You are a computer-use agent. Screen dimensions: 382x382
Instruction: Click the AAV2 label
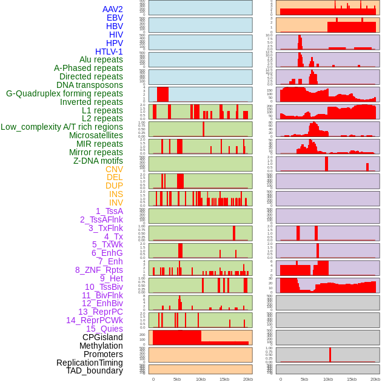113,9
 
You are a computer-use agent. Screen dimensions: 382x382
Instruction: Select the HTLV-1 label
109,52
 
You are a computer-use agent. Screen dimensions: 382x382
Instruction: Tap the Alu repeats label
101,59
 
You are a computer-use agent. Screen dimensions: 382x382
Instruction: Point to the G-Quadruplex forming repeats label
64,93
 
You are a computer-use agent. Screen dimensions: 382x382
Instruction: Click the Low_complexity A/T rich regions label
62,127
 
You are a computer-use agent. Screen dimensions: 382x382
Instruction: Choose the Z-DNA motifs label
98,161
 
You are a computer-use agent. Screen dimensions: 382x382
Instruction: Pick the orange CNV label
114,169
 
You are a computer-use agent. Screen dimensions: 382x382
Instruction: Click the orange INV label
116,203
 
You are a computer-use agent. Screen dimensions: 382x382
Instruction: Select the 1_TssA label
109,211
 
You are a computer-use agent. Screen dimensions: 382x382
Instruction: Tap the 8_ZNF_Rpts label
99,270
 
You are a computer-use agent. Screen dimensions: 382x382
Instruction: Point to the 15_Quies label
104,329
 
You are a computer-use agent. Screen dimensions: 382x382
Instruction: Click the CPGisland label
102,337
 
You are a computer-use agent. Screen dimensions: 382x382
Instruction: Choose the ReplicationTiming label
90,363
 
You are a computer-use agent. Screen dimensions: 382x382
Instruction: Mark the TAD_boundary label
95,370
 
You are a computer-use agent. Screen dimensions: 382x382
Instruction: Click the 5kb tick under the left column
177,379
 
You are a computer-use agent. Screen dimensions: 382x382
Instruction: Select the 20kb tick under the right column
375,379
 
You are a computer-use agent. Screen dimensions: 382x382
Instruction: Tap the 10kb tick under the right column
328,379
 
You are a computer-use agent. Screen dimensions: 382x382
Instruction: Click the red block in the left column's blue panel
163,95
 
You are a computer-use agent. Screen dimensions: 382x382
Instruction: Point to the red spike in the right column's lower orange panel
330,354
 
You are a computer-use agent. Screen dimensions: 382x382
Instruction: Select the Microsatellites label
96,135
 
